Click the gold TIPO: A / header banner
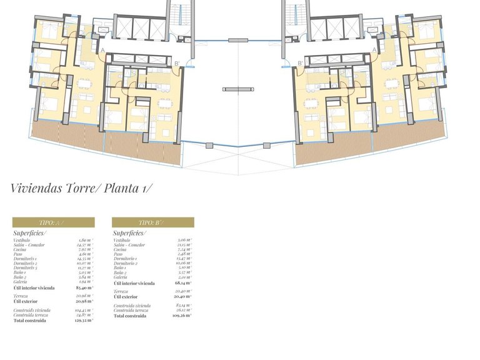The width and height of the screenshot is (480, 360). (x=54, y=222)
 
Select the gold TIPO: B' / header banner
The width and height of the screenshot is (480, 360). (x=153, y=222)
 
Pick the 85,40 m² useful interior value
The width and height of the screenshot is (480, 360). (x=84, y=288)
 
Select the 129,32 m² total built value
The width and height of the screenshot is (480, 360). (x=84, y=321)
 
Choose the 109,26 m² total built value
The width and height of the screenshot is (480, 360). (x=183, y=316)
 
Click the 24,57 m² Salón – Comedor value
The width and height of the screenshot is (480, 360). (x=84, y=245)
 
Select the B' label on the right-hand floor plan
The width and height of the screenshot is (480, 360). (x=301, y=62)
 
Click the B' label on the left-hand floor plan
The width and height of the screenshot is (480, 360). (x=177, y=62)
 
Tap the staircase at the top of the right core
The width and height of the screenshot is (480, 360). (x=292, y=12)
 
